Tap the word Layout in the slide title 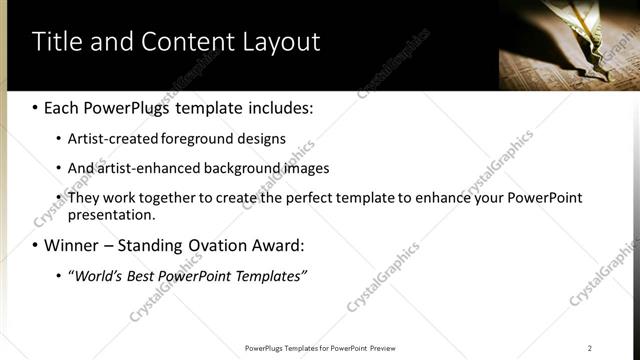(x=279, y=42)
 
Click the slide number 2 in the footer (x=590, y=348)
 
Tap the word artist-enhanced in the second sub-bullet (x=142, y=168)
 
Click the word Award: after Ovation (x=277, y=245)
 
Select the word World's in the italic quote (x=99, y=275)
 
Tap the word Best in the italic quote (x=147, y=275)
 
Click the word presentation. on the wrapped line (x=111, y=214)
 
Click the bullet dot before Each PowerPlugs (x=35, y=107)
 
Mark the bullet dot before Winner (x=35, y=246)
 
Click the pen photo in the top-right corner (x=569, y=45)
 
